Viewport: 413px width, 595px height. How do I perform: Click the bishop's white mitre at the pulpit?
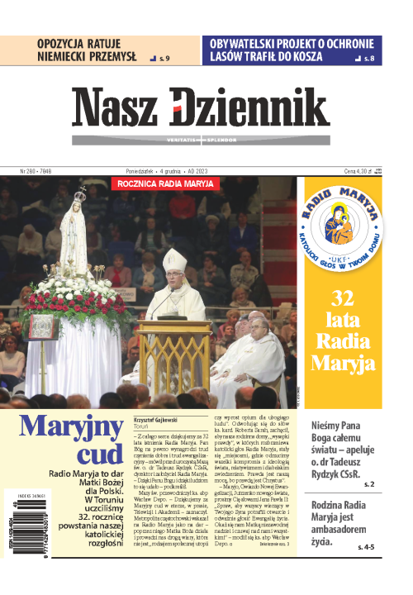tap(174, 262)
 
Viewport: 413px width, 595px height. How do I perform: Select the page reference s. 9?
tap(164, 59)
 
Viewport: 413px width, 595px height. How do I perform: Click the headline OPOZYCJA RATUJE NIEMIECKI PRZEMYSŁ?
tap(85, 50)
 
